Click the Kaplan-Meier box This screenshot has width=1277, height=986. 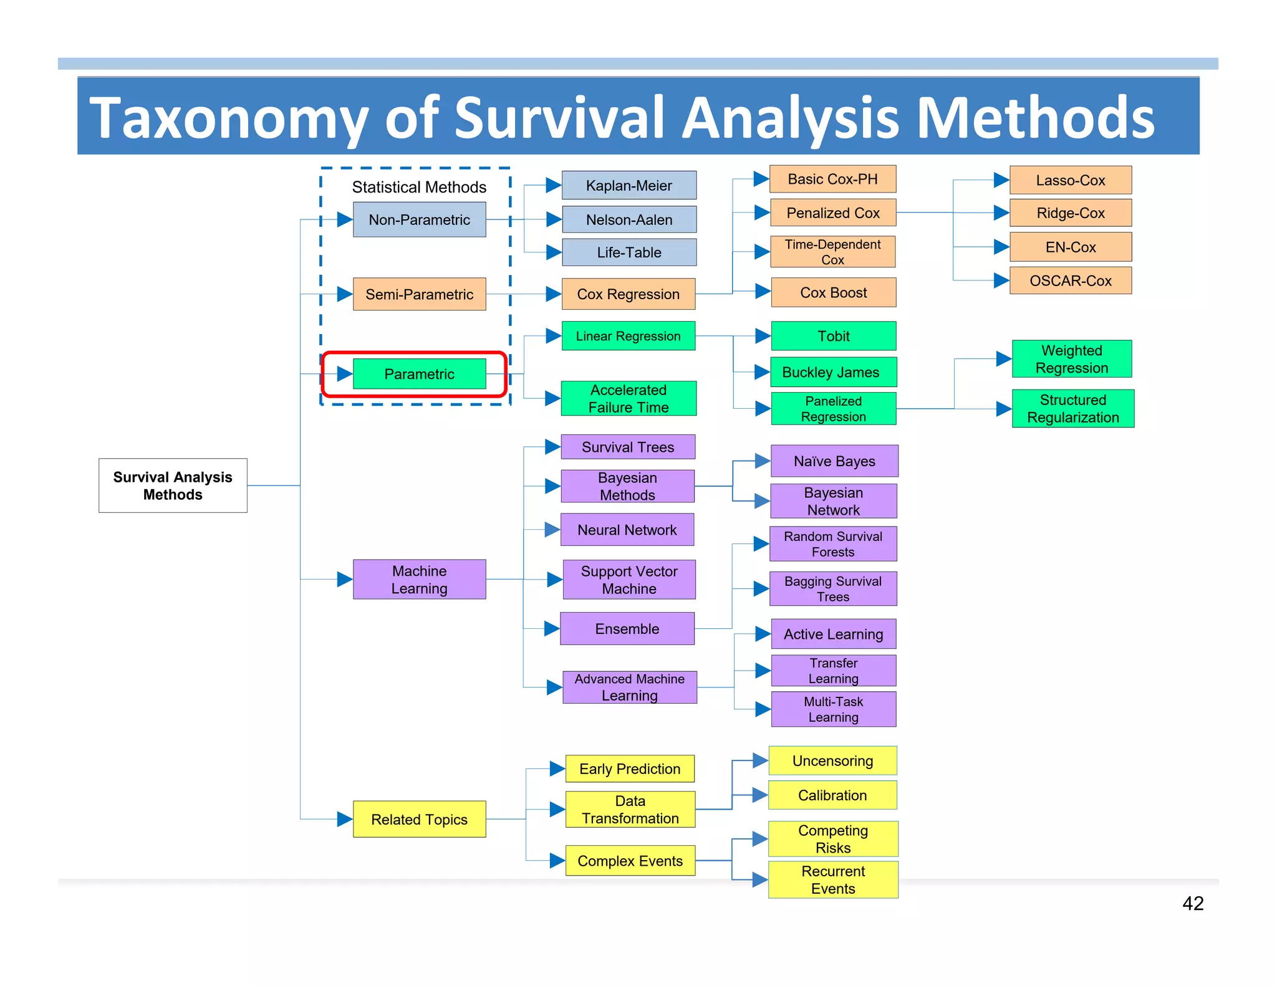point(629,186)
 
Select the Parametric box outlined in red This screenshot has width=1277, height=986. point(419,374)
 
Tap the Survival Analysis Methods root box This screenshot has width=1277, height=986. point(173,486)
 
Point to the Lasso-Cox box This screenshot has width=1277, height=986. point(1070,180)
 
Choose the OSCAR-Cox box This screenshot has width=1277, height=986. point(1070,280)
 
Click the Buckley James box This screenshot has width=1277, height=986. point(833,372)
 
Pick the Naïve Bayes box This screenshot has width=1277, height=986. point(834,461)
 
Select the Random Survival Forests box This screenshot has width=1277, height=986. point(833,544)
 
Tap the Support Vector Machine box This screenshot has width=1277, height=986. point(629,580)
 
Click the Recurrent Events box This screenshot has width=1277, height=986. point(833,879)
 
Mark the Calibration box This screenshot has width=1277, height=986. point(832,795)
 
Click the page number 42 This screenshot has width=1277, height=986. point(1192,903)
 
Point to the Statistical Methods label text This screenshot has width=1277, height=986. point(419,187)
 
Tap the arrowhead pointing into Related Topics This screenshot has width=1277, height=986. point(345,819)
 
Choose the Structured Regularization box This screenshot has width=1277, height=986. point(1072,409)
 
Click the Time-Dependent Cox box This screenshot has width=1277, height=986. point(833,252)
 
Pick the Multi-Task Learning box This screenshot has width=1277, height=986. point(833,709)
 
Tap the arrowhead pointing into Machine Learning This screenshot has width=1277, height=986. point(345,579)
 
